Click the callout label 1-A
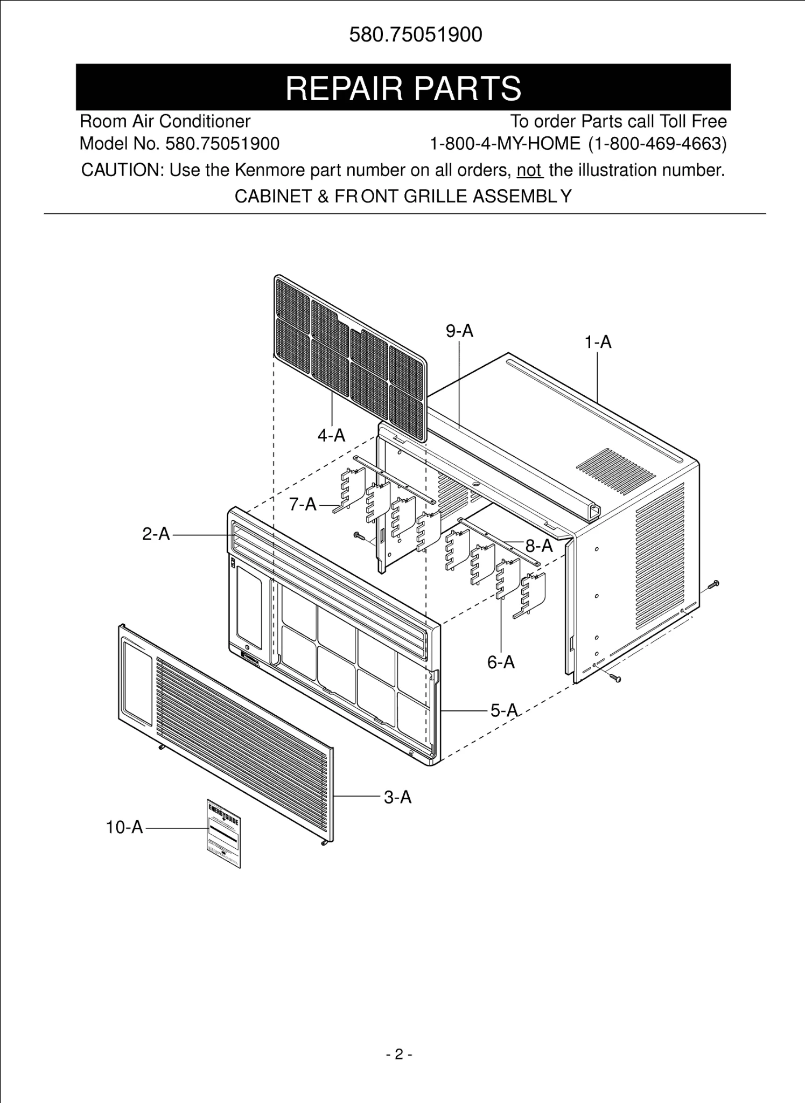[598, 342]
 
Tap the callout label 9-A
[459, 331]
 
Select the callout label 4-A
[331, 435]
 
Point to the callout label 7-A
[303, 505]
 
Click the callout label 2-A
[156, 534]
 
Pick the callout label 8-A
[539, 546]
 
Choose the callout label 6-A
[501, 662]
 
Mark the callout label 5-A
[504, 710]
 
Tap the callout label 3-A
[397, 797]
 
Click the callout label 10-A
[124, 827]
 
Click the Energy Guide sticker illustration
[223, 833]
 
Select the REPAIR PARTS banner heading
[403, 88]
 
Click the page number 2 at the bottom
[399, 1055]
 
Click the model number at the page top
[416, 35]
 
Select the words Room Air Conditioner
[165, 121]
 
